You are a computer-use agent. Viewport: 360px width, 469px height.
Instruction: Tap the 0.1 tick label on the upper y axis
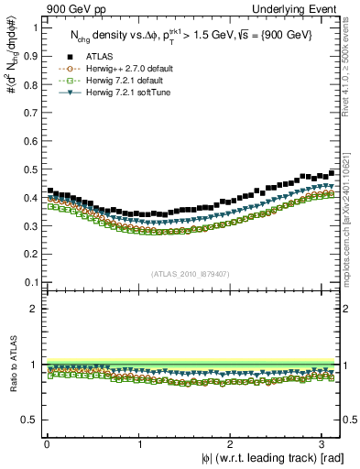coord(30,281)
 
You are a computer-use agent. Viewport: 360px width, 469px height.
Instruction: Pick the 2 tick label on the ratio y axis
coord(35,309)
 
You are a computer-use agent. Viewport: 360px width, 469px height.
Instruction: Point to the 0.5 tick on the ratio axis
coord(30,420)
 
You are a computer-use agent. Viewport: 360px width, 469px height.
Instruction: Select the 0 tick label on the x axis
coord(46,444)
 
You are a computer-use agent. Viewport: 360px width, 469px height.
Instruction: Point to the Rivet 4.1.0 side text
coord(351,69)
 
